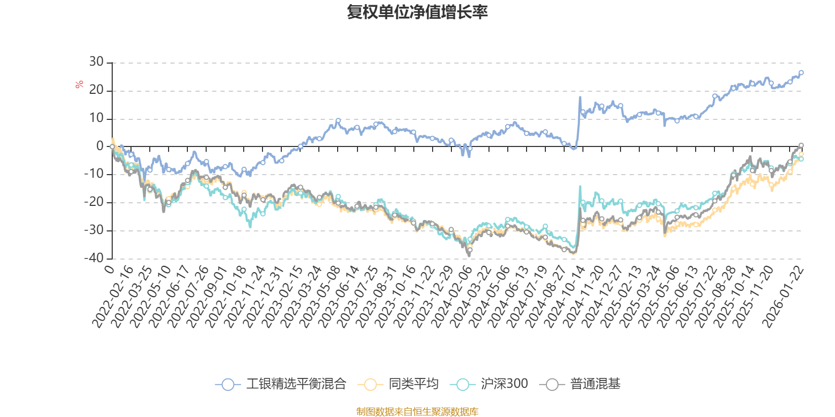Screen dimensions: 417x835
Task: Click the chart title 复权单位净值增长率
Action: pyautogui.click(x=417, y=12)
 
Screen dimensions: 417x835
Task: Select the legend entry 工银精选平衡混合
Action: pyautogui.click(x=295, y=385)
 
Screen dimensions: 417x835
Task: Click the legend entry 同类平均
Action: pyautogui.click(x=413, y=385)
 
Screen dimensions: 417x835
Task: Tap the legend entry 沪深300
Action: pyautogui.click(x=504, y=385)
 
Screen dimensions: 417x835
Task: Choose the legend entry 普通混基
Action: pyautogui.click(x=595, y=385)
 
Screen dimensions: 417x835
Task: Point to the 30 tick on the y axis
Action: pyautogui.click(x=97, y=62)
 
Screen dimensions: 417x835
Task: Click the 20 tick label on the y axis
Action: pyautogui.click(x=97, y=90)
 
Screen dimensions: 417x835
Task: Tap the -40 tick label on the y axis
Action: pyautogui.click(x=93, y=258)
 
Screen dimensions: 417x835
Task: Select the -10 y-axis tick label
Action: pyautogui.click(x=93, y=174)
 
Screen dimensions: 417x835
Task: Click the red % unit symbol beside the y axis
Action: pyautogui.click(x=79, y=84)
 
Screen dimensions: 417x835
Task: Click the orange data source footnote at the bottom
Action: pyautogui.click(x=417, y=412)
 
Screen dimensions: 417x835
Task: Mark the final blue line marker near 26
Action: pyautogui.click(x=801, y=73)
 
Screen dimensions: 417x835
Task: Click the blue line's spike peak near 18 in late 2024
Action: pyautogui.click(x=579, y=97)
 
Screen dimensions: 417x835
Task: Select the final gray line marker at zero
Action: pyautogui.click(x=801, y=145)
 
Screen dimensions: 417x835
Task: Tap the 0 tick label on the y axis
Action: pyautogui.click(x=100, y=146)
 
